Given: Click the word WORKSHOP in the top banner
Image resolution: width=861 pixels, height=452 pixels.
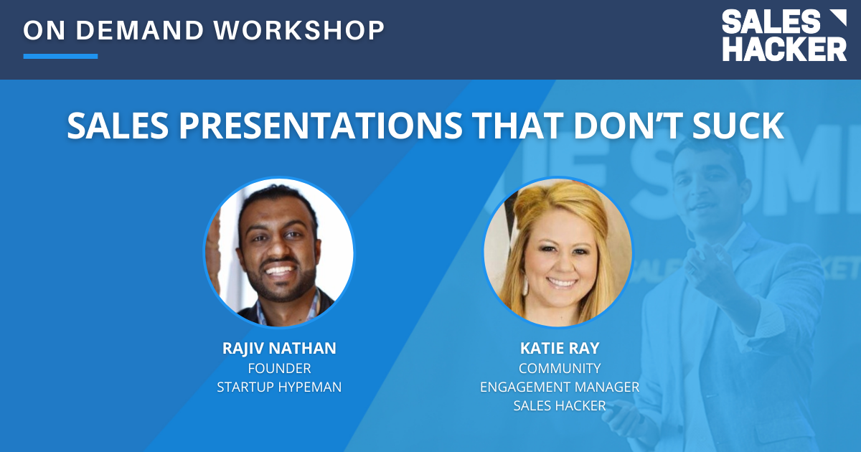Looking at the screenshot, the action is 299,30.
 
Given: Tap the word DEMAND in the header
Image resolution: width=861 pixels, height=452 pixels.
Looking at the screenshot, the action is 139,30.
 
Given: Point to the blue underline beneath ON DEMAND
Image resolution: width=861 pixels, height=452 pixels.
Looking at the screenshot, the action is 60,56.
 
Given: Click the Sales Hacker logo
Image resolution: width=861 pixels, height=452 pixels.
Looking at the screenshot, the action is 784,35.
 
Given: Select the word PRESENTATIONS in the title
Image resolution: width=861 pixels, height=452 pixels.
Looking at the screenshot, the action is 321,126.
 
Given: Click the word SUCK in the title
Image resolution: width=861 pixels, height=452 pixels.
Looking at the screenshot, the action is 738,126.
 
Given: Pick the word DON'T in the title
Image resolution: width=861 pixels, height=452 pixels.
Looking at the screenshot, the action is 627,126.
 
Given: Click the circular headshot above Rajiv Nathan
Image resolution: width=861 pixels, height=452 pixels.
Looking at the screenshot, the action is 279,253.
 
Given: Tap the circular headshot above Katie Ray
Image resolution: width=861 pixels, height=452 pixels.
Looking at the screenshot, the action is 558,253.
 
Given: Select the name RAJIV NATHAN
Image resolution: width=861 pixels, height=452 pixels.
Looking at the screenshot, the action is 279,348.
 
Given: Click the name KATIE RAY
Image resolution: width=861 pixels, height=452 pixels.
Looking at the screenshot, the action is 560,348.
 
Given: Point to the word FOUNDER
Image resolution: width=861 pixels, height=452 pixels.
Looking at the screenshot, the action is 279,369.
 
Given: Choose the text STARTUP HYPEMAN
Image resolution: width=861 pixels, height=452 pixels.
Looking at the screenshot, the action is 279,387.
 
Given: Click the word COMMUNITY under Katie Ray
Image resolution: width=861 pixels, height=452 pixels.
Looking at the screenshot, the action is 560,369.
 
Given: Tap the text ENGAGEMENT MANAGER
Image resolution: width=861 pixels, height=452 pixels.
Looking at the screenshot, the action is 560,387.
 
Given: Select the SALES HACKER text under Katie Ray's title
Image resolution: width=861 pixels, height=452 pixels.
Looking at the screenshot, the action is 560,405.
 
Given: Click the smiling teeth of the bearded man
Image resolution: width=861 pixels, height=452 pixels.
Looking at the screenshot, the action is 279,270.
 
